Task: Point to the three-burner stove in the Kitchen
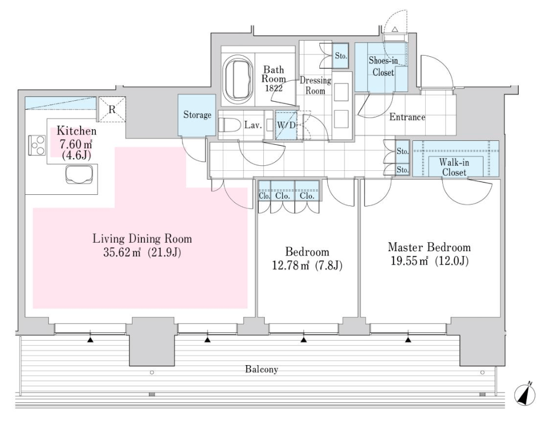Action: [37, 145]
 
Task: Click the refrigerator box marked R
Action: [112, 109]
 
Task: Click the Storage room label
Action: [197, 115]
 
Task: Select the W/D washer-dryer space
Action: [286, 125]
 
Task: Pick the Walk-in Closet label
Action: [454, 168]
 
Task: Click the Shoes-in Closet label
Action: [383, 66]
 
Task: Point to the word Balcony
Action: [262, 369]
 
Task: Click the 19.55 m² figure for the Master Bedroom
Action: [410, 260]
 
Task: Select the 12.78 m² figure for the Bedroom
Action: [290, 265]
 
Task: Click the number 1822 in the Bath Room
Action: [274, 88]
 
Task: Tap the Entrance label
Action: [407, 117]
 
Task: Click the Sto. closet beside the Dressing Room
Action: [341, 56]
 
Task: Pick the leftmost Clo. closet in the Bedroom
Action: [264, 191]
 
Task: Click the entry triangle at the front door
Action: [395, 29]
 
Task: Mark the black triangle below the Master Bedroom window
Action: [408, 340]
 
